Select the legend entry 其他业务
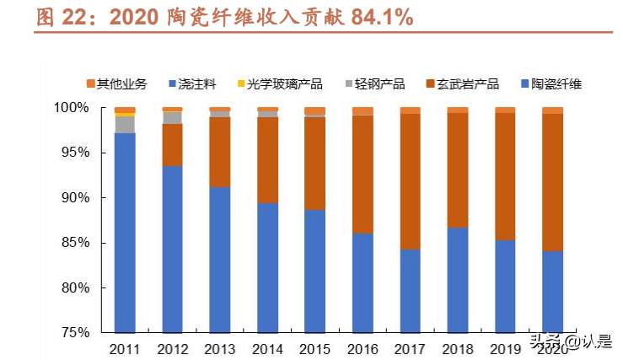pyautogui.click(x=117, y=83)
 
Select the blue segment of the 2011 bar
pyautogui.click(x=125, y=232)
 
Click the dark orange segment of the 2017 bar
pyautogui.click(x=410, y=181)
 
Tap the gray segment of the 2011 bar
pyautogui.click(x=125, y=124)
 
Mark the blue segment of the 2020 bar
pyautogui.click(x=552, y=291)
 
